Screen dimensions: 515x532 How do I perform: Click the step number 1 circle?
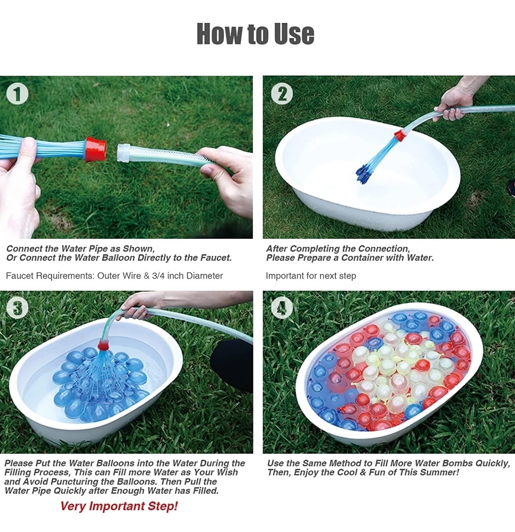[x=17, y=94]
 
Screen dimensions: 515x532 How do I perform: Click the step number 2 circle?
[x=282, y=94]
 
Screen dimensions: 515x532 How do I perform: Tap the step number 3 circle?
[x=17, y=308]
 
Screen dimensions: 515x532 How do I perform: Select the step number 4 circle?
[x=282, y=308]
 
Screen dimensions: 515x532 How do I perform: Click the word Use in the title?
[x=294, y=34]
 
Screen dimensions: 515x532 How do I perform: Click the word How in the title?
[x=220, y=34]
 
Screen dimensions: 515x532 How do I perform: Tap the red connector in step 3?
[x=104, y=345]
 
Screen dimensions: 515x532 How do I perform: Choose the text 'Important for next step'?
[x=311, y=276]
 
